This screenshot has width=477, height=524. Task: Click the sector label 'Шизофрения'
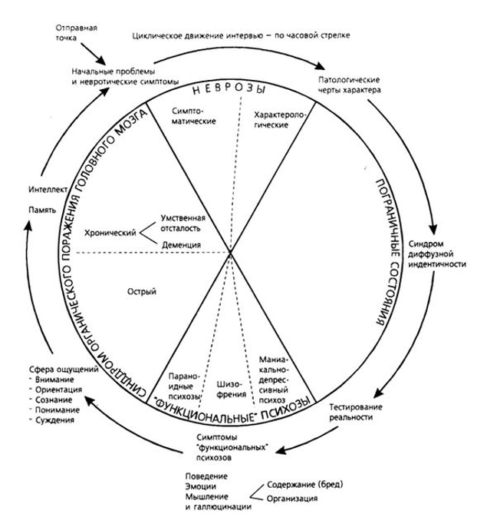tap(231, 391)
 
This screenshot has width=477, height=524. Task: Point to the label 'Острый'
tap(144, 293)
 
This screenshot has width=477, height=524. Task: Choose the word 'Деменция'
tap(182, 245)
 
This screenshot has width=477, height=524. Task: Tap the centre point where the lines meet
tap(232, 251)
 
